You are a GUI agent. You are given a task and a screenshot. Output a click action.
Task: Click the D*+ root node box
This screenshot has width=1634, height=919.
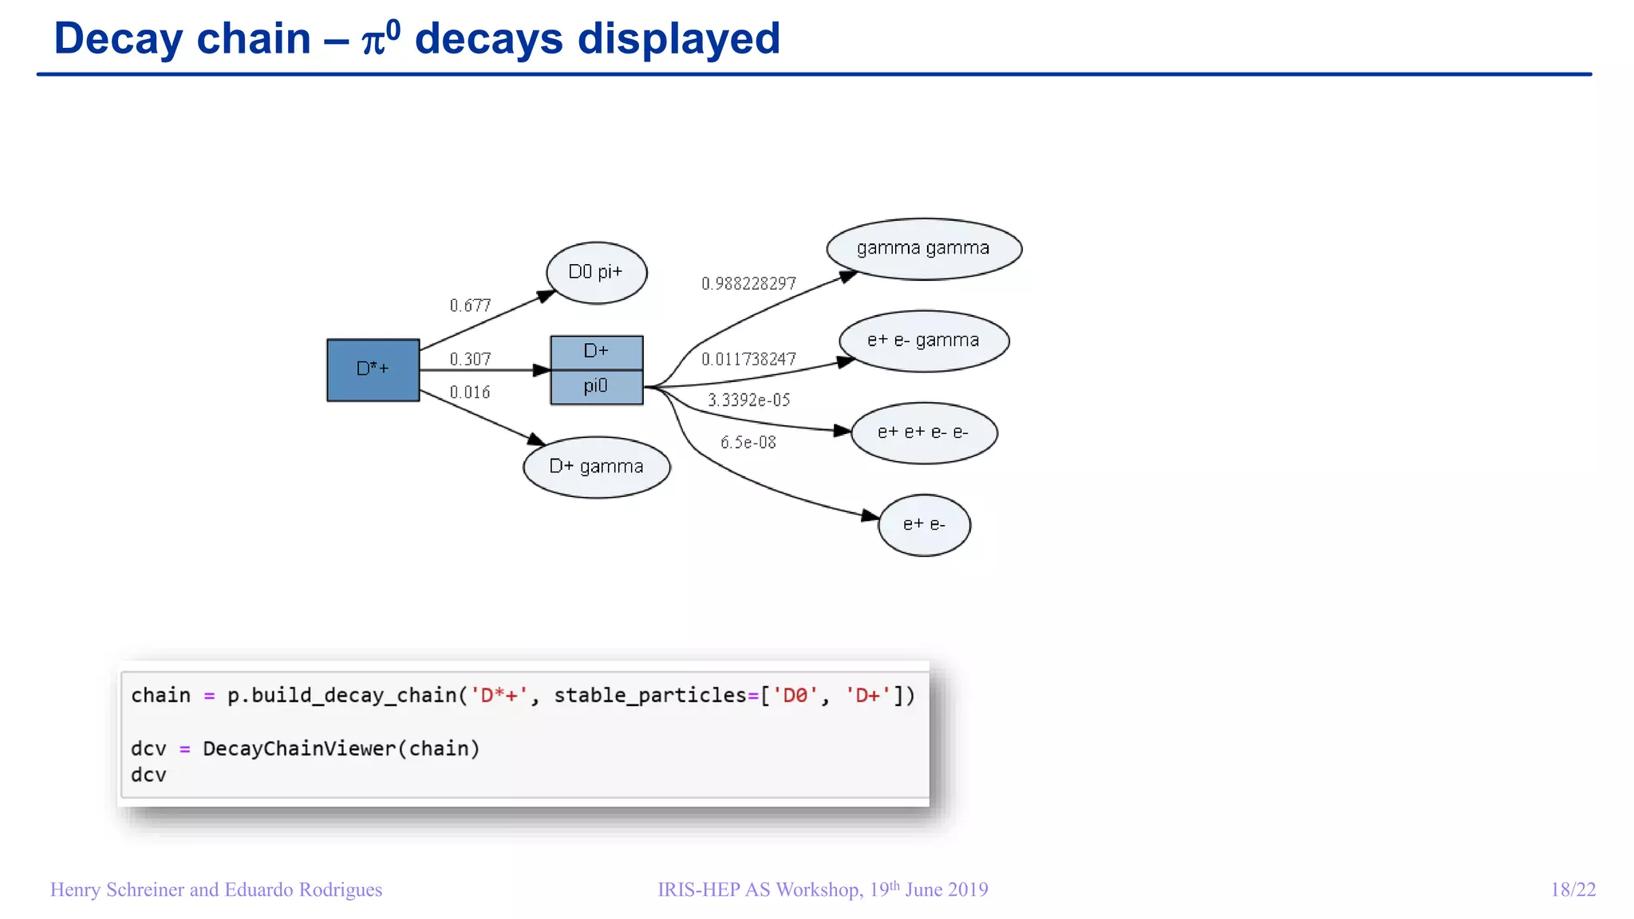[373, 369]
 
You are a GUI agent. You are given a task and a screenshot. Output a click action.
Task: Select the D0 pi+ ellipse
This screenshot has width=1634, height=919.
[596, 273]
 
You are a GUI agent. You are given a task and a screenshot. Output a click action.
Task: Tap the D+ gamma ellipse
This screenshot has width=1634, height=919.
[596, 467]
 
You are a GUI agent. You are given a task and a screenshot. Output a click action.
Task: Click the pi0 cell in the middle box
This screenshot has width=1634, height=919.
[596, 387]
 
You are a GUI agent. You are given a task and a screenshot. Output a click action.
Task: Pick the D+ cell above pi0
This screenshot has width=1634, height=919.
[596, 352]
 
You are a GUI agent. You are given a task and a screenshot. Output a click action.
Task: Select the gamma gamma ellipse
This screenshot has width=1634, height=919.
[923, 249]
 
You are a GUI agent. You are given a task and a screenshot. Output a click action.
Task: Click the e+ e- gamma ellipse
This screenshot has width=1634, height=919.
[923, 341]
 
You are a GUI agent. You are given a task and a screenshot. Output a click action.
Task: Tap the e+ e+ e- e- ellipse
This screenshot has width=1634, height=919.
[923, 433]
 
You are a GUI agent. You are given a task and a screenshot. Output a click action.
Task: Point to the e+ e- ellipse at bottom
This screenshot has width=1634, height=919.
[923, 525]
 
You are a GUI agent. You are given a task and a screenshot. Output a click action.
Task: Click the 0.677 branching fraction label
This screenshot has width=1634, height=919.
[470, 306]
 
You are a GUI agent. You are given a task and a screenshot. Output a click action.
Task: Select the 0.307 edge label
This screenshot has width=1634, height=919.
[470, 359]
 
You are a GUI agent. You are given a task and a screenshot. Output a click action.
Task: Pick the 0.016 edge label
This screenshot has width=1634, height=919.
[470, 392]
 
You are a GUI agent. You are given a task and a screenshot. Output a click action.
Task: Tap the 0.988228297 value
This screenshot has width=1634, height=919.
[748, 284]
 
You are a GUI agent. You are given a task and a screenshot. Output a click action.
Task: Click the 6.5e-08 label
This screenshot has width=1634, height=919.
[748, 443]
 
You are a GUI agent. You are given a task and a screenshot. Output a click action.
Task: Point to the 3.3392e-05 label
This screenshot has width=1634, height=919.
[748, 400]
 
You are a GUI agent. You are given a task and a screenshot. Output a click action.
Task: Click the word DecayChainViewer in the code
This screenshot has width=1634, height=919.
[298, 748]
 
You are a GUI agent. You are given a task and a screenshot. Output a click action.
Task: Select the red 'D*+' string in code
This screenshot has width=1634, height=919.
[499, 696]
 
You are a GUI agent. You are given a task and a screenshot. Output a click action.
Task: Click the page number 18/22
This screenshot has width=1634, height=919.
[1573, 889]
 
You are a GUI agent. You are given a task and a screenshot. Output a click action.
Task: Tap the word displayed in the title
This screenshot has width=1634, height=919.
[677, 38]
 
